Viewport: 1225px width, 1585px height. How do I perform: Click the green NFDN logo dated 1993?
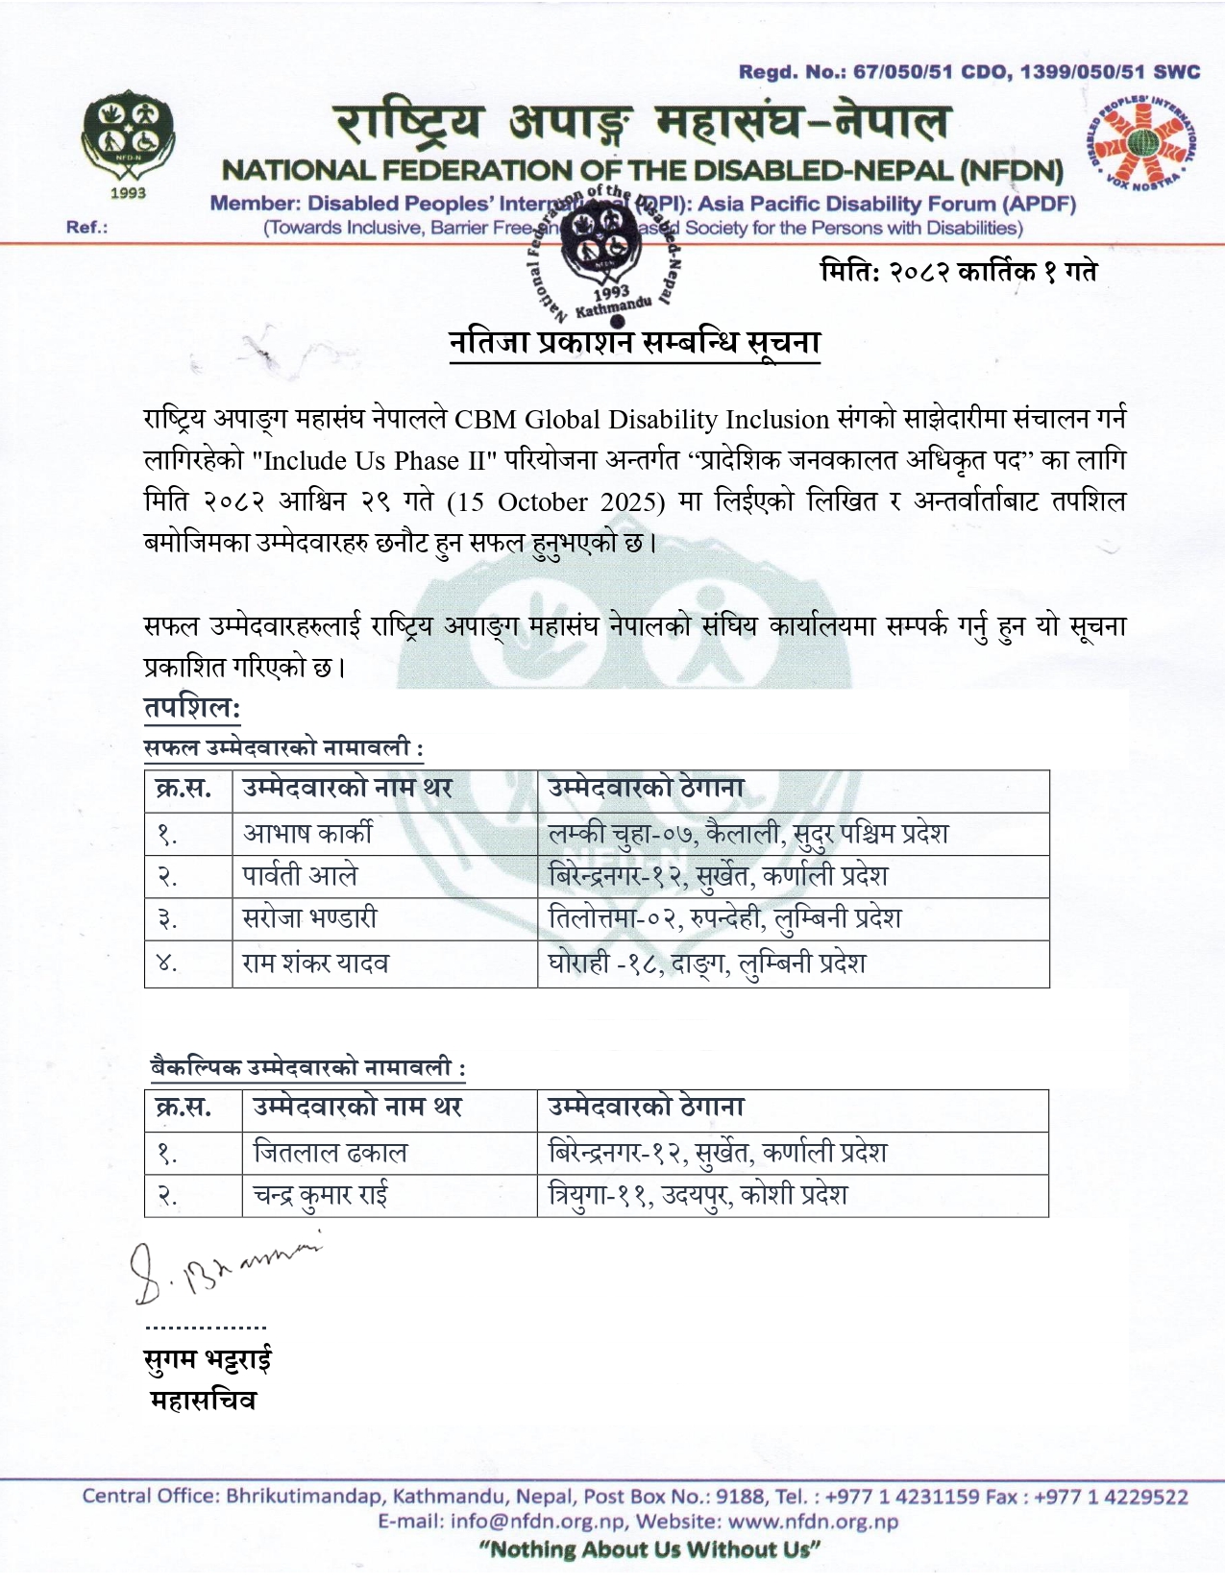(128, 142)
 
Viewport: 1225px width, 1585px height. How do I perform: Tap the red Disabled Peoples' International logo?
(1141, 142)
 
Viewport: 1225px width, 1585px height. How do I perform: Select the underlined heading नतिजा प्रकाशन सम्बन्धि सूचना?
(634, 343)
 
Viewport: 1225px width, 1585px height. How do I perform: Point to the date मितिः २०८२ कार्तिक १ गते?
(958, 272)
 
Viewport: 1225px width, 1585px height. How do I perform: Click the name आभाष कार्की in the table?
(307, 833)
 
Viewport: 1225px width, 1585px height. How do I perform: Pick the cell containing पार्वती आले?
(300, 876)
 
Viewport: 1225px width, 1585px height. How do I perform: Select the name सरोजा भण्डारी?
(309, 918)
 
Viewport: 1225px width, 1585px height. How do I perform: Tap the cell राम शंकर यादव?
(315, 963)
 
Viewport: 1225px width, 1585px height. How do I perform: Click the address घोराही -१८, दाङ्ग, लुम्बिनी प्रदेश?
(706, 963)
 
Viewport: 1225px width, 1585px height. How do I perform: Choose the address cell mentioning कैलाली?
(747, 833)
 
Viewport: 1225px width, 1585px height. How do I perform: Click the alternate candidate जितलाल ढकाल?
(330, 1152)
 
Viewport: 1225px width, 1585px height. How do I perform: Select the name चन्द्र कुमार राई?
(320, 1195)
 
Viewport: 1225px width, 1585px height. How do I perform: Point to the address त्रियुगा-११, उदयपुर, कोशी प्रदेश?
(698, 1195)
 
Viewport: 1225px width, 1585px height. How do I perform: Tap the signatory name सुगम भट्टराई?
(208, 1359)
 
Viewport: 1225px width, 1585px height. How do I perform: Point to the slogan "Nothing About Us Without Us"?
(649, 1548)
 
